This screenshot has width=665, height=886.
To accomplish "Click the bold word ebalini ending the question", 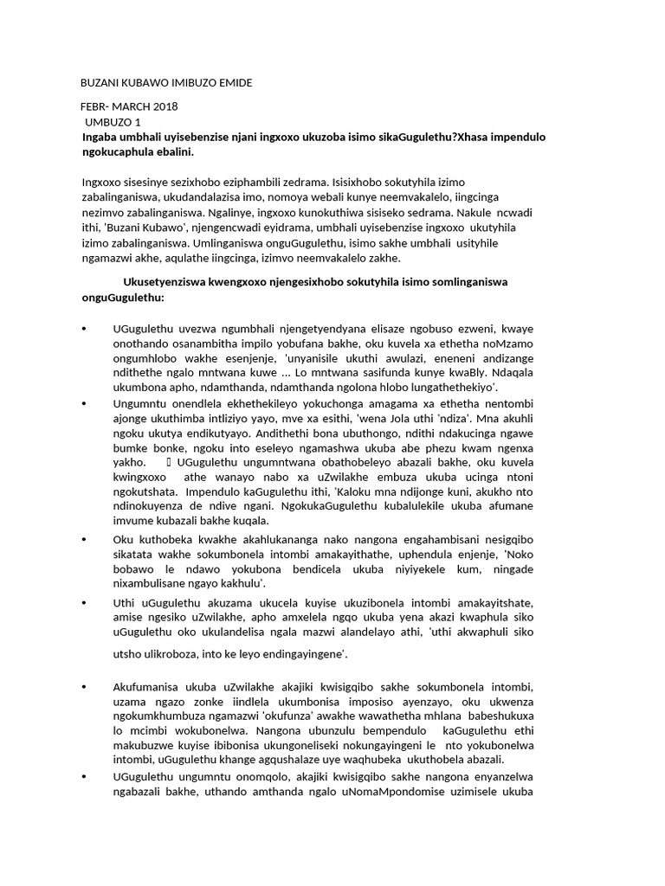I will [x=171, y=152].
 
